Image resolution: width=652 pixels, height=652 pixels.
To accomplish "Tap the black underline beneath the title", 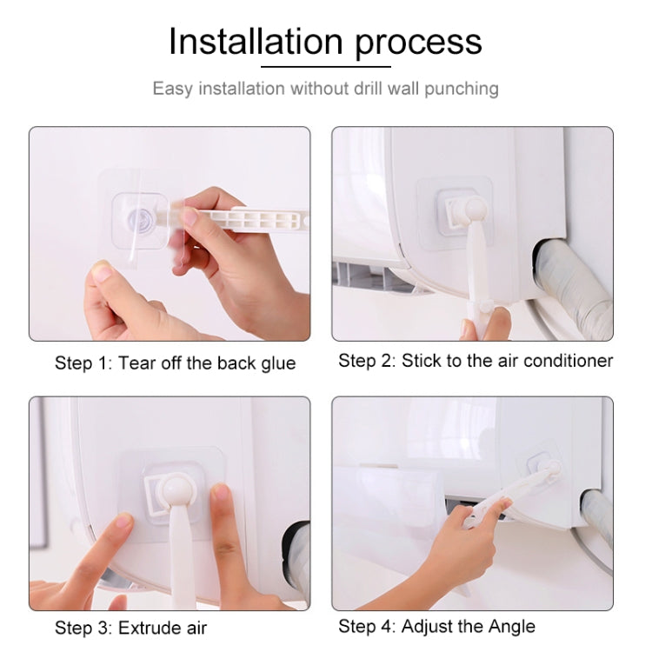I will pos(325,67).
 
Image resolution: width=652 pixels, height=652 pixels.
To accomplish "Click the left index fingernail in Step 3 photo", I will pos(123,522).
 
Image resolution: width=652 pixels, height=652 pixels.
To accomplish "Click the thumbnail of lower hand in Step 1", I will pos(102,274).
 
